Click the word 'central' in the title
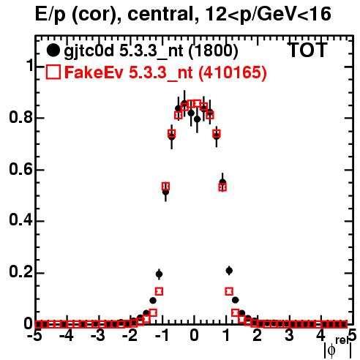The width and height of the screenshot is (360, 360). [x=160, y=14]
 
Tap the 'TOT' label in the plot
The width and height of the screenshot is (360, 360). [x=307, y=50]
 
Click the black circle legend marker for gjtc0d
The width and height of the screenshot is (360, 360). [x=53, y=50]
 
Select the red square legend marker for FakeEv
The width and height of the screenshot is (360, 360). [x=53, y=72]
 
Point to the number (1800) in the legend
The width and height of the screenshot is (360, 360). [x=213, y=50]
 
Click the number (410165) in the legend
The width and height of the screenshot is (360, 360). [x=232, y=72]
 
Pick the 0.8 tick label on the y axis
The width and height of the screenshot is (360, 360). [x=20, y=117]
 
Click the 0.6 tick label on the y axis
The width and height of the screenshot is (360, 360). [x=20, y=169]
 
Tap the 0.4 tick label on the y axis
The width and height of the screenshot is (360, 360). [x=20, y=220]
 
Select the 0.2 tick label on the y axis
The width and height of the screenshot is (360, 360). [x=20, y=272]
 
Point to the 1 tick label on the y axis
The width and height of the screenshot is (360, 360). [x=29, y=65]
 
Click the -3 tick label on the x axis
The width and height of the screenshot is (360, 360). [x=97, y=335]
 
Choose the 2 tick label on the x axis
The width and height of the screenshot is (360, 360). [x=257, y=335]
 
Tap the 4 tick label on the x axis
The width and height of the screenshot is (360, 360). [x=320, y=335]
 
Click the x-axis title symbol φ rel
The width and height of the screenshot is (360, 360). [x=338, y=348]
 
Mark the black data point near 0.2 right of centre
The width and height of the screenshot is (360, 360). [x=229, y=270]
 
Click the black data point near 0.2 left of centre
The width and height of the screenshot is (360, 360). [x=159, y=274]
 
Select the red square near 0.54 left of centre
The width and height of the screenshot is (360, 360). [x=165, y=187]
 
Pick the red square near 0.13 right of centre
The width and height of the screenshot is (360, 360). [x=229, y=291]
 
